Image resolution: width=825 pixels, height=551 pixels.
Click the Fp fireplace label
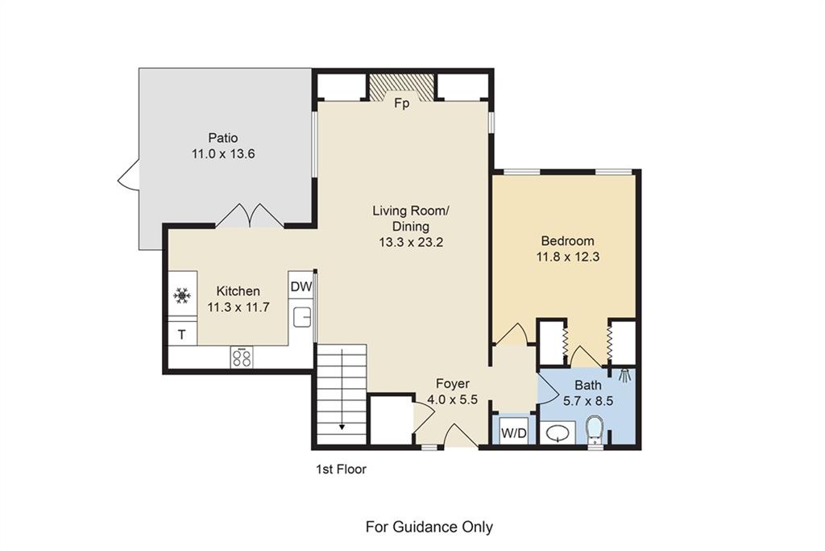401,103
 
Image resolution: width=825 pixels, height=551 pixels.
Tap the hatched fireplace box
401,86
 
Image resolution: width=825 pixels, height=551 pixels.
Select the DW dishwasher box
301,286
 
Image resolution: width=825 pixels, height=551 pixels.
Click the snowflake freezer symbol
182,295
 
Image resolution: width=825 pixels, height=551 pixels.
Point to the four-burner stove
242,357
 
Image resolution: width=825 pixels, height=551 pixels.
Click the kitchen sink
301,317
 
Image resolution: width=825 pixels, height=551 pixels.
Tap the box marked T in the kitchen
182,334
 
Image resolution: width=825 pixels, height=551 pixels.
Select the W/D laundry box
513,433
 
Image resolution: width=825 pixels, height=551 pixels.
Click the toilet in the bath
594,429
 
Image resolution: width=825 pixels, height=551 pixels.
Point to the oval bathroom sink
558,433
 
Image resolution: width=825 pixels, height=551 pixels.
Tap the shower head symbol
625,375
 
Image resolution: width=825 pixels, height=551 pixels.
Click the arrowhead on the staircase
342,427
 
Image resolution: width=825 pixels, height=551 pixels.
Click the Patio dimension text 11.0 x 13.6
224,154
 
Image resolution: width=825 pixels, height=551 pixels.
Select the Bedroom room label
568,240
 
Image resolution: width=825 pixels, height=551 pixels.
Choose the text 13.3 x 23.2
410,242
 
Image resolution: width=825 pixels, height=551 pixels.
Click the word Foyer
453,383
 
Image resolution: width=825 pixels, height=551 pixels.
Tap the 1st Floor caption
341,469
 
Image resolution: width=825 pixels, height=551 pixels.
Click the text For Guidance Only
429,527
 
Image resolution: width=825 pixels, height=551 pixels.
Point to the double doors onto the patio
250,215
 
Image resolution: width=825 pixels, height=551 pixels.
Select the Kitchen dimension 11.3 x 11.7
238,307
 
